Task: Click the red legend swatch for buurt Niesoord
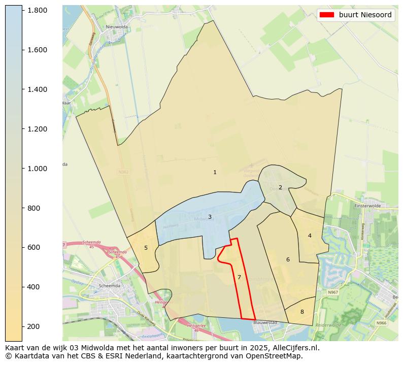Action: pyautogui.click(x=326, y=15)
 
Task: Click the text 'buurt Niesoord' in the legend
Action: pyautogui.click(x=365, y=15)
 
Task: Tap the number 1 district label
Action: pyautogui.click(x=215, y=173)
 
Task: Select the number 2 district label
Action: pyautogui.click(x=280, y=187)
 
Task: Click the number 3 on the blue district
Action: pyautogui.click(x=210, y=217)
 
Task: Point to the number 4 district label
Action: pyautogui.click(x=310, y=236)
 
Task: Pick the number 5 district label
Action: pyautogui.click(x=146, y=248)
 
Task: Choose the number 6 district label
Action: pyautogui.click(x=288, y=260)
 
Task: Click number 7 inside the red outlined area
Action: pyautogui.click(x=239, y=277)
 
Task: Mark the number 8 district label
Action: pyautogui.click(x=302, y=312)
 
